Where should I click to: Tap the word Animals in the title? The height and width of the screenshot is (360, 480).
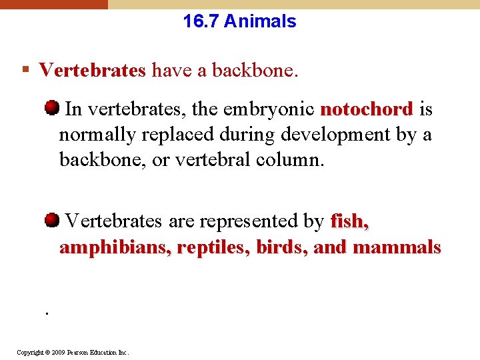pos(260,21)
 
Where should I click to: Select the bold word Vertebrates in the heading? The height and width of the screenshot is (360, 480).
pos(92,70)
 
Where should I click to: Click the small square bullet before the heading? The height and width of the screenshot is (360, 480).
pos(25,70)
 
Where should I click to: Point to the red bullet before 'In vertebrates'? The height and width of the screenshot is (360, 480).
pos(51,108)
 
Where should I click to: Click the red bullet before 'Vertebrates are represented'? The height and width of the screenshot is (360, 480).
pos(51,220)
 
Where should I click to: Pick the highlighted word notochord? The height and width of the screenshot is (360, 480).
pos(367,109)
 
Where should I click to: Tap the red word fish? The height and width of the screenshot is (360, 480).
pos(349,221)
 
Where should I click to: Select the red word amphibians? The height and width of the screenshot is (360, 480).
pos(107,247)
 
